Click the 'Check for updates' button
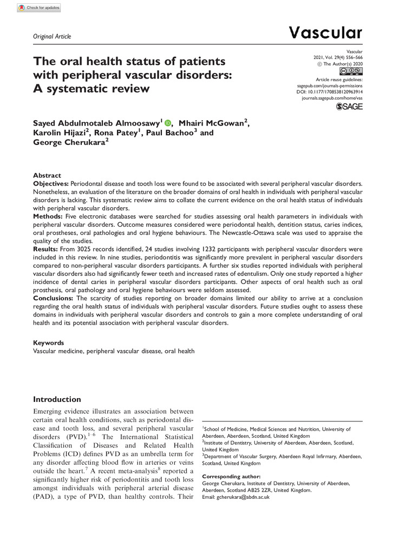coord(39,8)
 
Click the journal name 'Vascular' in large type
coord(325,33)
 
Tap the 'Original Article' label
coord(52,36)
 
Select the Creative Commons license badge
coord(350,71)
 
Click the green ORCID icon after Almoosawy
coord(167,124)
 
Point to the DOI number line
coord(331,92)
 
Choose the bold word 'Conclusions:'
coord(54,298)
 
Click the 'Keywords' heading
coord(49,342)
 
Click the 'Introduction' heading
coord(58,399)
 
